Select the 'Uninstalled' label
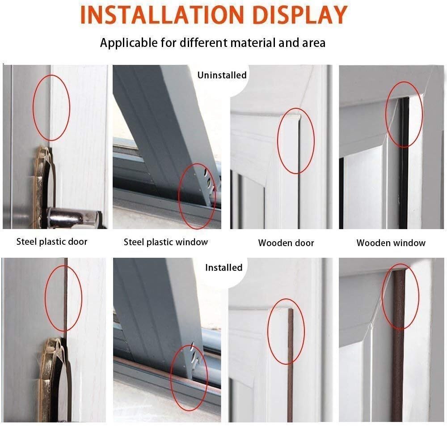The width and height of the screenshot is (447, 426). [x=222, y=75]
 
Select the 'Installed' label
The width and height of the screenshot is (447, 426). [x=223, y=267]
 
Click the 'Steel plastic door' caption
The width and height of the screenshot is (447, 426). [x=52, y=242]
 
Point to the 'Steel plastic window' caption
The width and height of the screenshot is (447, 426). [x=166, y=242]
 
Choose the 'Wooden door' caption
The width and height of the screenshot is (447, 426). [x=286, y=243]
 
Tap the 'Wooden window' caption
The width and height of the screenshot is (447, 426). [x=391, y=243]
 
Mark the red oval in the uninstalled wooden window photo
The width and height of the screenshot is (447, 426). [x=404, y=114]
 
